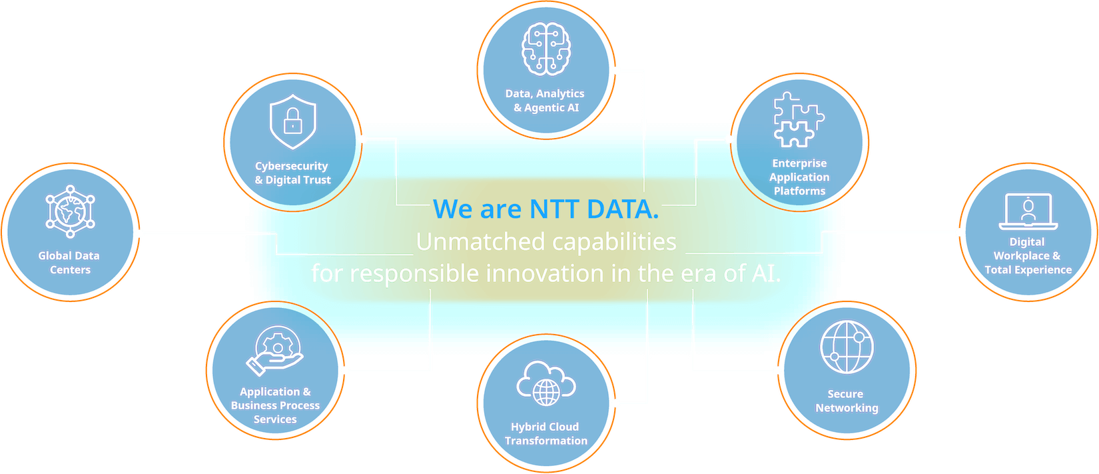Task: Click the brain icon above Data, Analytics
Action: coord(546,49)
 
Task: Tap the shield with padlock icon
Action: coord(292,121)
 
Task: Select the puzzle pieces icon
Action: coord(798,120)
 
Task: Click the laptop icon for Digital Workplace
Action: coord(1028,211)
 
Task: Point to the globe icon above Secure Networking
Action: coord(847,347)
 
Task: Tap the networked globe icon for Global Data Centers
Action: coord(70,212)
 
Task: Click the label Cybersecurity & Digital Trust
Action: coord(292,173)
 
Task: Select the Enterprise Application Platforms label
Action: coord(799,177)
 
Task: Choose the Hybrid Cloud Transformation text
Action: coord(546,433)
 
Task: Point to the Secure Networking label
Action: coord(847,401)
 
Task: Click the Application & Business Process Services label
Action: coord(275,405)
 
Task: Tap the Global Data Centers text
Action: coord(69,263)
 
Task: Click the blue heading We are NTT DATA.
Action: coord(546,209)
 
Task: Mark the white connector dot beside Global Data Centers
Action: coord(139,233)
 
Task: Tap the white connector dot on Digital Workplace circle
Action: coord(959,232)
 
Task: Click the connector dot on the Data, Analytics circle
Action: coord(617,70)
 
